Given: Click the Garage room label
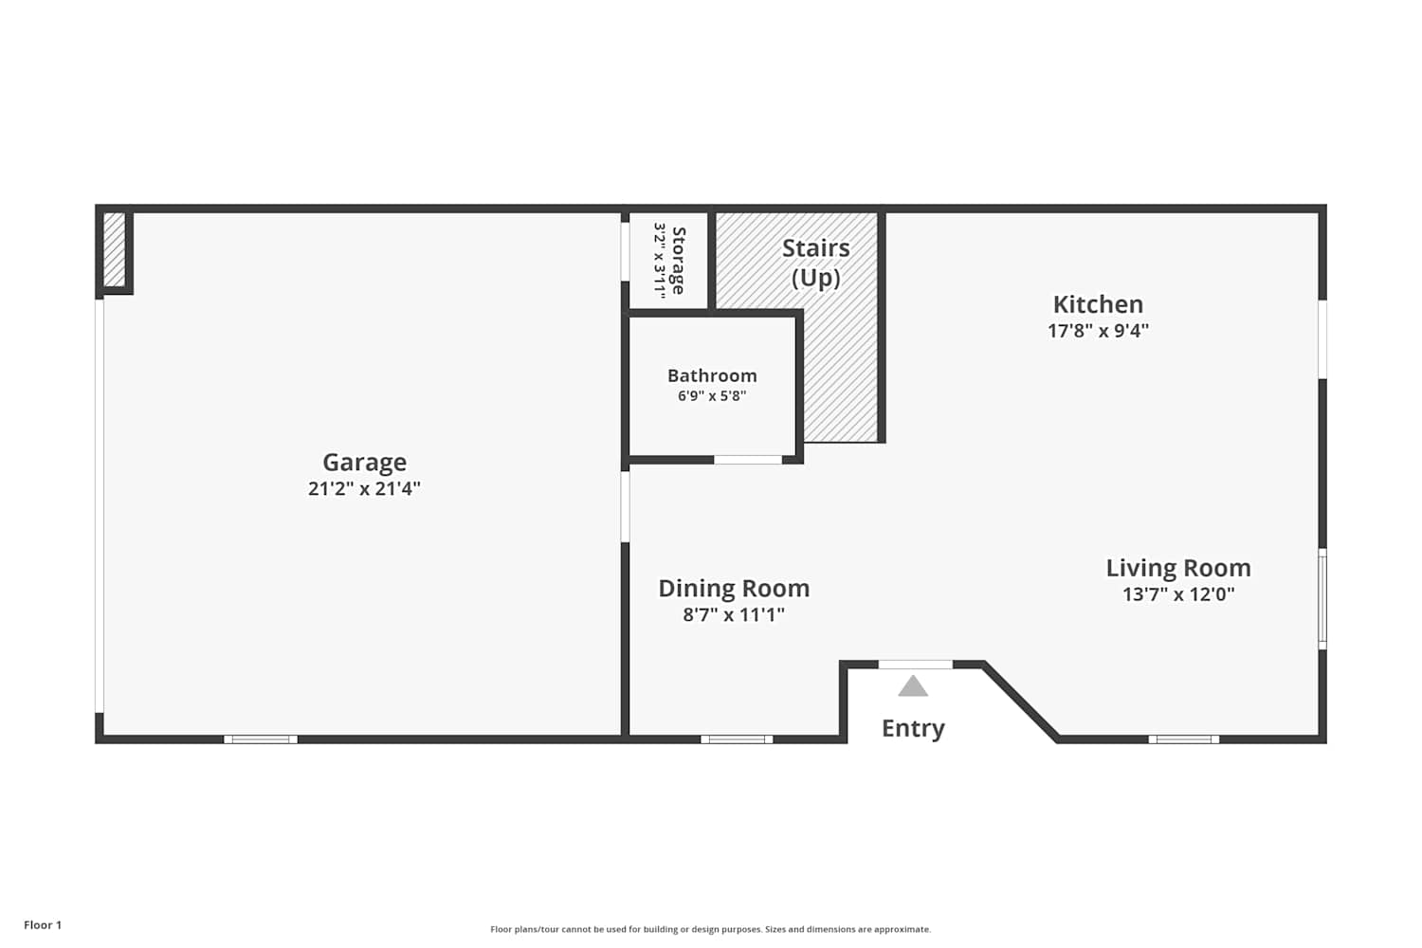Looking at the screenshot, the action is [x=364, y=463].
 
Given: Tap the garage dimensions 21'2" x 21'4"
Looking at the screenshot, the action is [x=364, y=488].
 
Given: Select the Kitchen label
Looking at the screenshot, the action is [x=1098, y=304].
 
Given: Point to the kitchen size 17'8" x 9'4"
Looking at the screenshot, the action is [x=1098, y=331].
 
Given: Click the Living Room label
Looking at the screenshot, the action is [x=1178, y=568].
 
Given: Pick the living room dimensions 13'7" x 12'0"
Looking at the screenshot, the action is [x=1178, y=594].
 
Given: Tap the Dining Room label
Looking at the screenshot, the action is [x=734, y=589].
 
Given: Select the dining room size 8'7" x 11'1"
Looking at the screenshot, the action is [x=734, y=614].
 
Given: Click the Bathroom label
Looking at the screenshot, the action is [x=712, y=375].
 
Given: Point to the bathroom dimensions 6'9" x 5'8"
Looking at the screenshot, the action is [x=712, y=396].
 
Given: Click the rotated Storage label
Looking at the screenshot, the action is [x=678, y=261].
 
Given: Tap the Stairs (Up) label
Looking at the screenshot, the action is [x=815, y=263].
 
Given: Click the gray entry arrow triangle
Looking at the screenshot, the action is [x=913, y=685].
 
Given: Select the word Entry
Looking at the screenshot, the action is [x=913, y=728].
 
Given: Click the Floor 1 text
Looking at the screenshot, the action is [x=43, y=925].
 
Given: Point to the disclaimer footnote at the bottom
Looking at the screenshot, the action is [x=710, y=929].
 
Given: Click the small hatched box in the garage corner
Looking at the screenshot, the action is [x=115, y=249].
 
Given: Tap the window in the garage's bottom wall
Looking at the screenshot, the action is [x=261, y=739].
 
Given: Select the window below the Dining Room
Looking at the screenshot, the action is [x=737, y=739].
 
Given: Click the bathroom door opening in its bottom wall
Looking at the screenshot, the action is [x=749, y=460].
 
